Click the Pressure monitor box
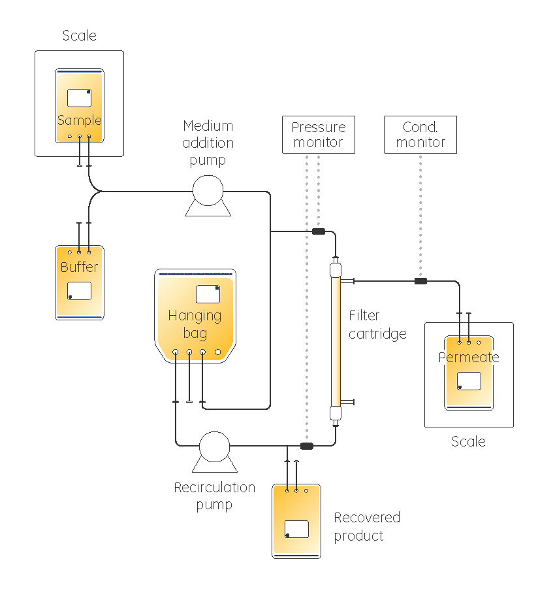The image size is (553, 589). point(318,135)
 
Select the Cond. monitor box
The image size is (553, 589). point(420,135)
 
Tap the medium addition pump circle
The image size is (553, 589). point(208,192)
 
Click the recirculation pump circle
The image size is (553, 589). point(214,446)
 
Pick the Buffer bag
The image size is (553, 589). point(79,282)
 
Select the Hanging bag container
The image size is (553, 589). point(195,316)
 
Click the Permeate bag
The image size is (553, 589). point(468,373)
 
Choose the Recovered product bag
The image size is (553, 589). point(296,521)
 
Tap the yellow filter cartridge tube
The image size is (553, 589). point(336,340)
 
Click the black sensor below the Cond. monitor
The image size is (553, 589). point(420,281)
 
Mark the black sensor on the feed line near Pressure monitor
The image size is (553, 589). point(319,231)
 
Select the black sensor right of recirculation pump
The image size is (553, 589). point(306,446)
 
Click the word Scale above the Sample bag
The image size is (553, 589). point(79,36)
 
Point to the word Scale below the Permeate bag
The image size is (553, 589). point(468,442)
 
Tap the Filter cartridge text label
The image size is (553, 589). point(377,325)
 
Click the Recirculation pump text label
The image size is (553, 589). point(214,496)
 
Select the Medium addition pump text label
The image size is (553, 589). point(208,143)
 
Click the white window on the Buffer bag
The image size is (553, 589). point(79,291)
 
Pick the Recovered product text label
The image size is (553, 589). point(366,527)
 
